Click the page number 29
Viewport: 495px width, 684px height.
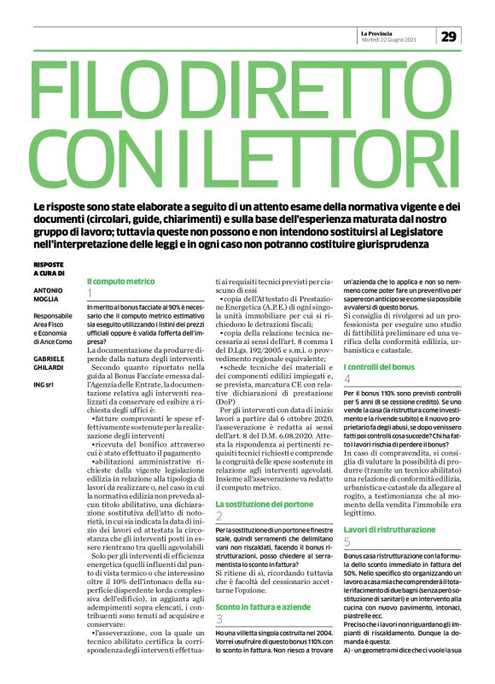pyautogui.click(x=451, y=37)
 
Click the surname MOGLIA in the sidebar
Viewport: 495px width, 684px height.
pyautogui.click(x=48, y=300)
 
